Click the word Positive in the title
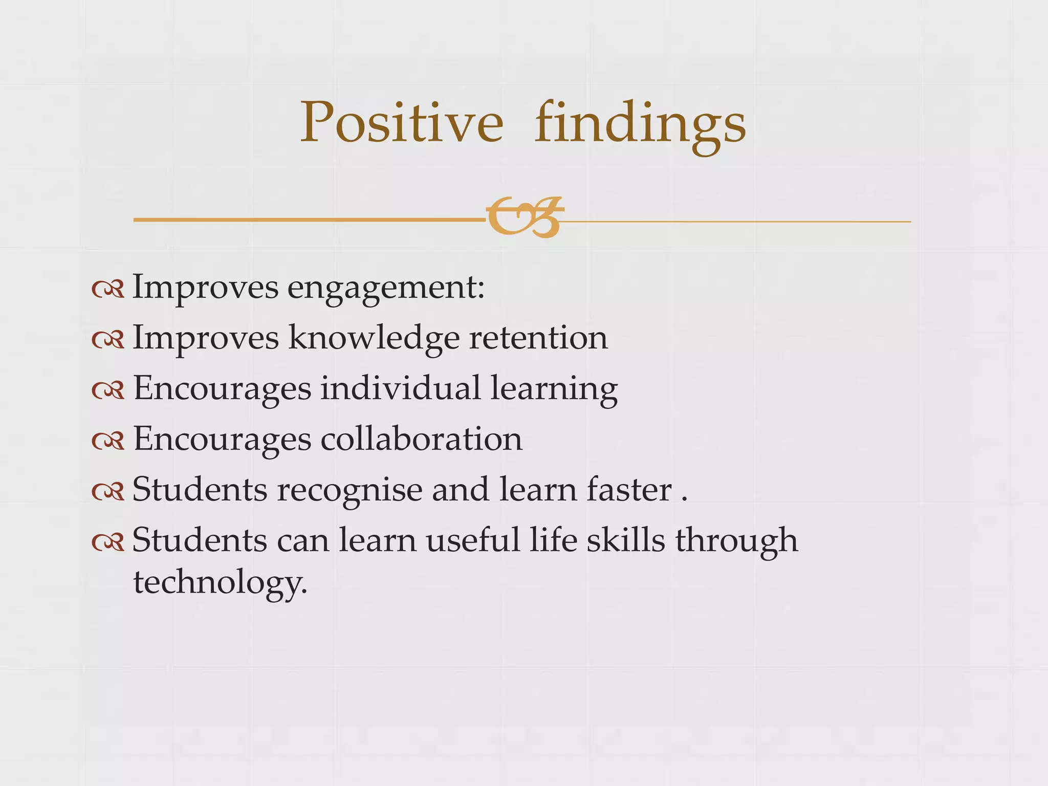(401, 123)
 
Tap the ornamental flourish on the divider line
(525, 217)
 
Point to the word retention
(538, 338)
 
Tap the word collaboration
(422, 439)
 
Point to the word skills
(625, 540)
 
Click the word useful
(473, 540)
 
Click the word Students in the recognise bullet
(200, 490)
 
